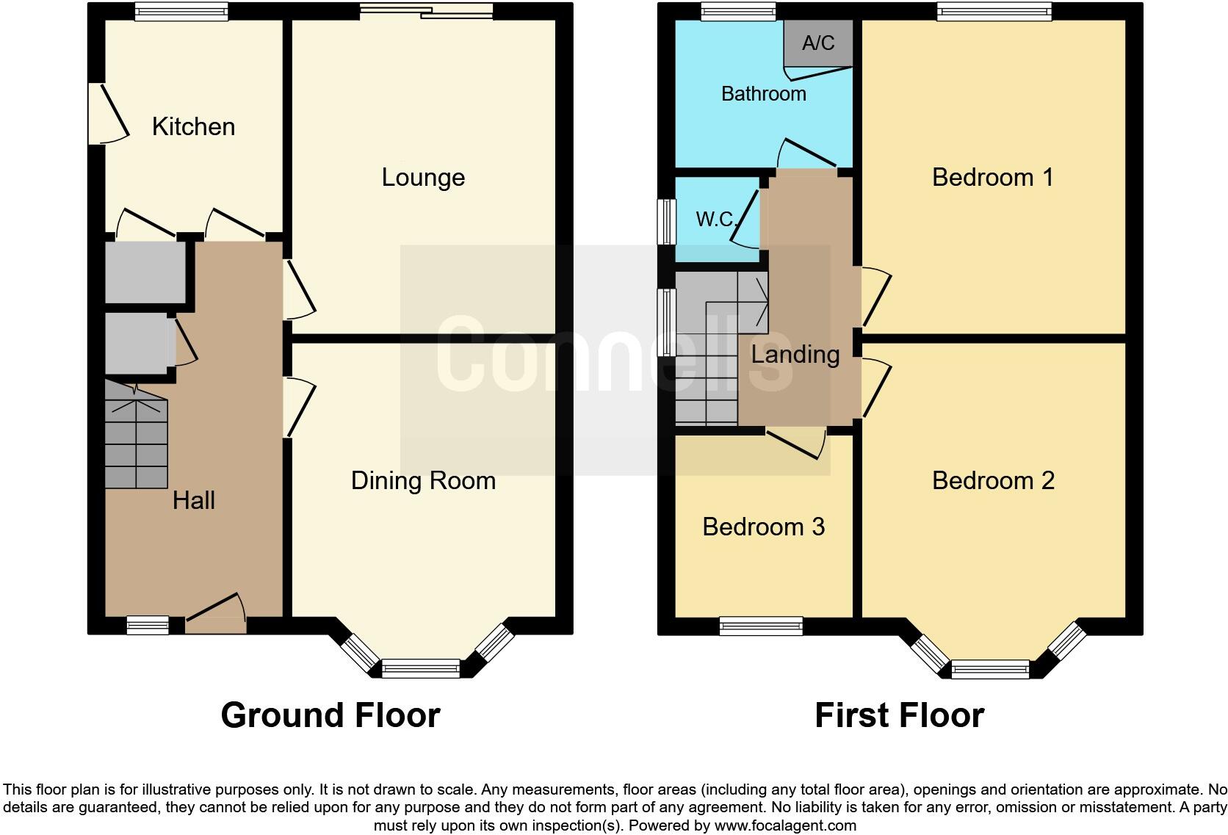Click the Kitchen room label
193,126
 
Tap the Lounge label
423,177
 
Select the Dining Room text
423,480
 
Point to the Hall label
194,500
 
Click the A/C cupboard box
818,43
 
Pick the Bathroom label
763,93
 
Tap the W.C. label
715,219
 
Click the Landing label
795,355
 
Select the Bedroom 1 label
992,177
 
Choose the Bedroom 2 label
993,480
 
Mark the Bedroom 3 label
763,527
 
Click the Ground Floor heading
330,715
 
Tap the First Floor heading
899,715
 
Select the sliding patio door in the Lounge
426,10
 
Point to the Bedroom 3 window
761,626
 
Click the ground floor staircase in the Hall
136,437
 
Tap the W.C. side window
667,220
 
